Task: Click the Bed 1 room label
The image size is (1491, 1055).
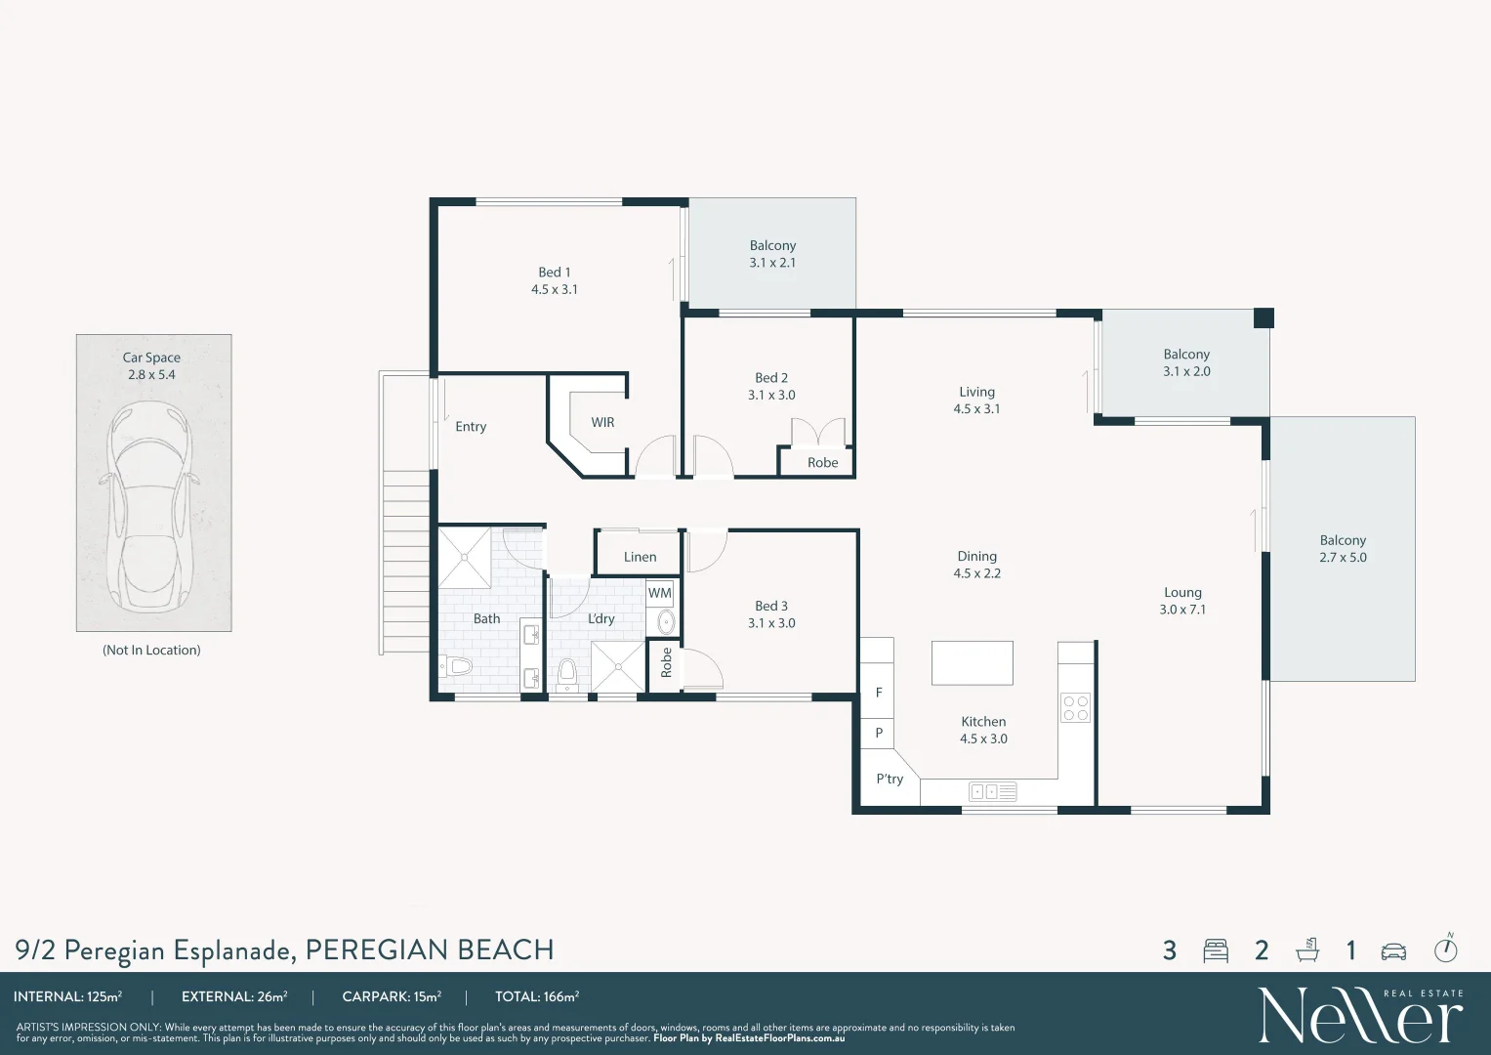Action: tap(554, 273)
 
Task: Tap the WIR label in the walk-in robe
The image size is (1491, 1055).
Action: tap(602, 422)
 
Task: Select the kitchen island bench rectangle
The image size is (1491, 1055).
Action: tap(972, 662)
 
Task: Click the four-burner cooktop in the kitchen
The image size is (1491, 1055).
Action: tap(1076, 708)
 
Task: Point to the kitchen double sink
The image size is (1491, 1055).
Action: tap(992, 792)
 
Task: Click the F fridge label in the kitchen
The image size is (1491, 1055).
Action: tap(879, 693)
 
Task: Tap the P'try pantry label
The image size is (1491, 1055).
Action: tap(890, 780)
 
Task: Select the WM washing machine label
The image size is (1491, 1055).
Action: tap(660, 593)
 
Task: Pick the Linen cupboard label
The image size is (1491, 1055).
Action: tap(640, 557)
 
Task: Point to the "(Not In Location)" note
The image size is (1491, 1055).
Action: tap(151, 650)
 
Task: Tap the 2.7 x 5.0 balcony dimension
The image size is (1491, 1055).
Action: tap(1343, 558)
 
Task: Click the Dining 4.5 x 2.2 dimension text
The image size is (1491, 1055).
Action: tap(976, 573)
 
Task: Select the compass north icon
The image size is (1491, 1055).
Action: tap(1446, 948)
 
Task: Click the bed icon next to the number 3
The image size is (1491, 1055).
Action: tap(1216, 950)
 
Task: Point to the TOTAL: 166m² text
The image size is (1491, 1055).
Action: tap(536, 996)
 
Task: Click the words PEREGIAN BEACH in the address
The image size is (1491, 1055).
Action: tap(430, 949)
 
